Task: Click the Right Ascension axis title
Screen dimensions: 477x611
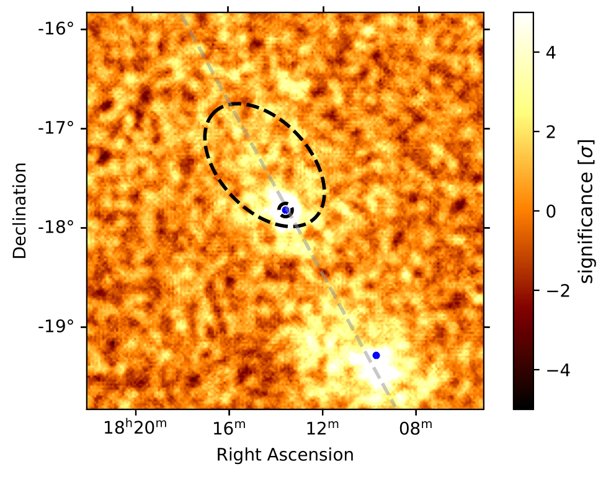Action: (x=285, y=455)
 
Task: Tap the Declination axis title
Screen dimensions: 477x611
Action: (x=20, y=211)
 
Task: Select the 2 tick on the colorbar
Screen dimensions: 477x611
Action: (x=548, y=132)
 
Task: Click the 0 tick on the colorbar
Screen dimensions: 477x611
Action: (x=548, y=211)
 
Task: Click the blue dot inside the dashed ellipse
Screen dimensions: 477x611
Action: (x=285, y=210)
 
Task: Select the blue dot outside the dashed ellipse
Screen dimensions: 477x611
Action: (x=376, y=355)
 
